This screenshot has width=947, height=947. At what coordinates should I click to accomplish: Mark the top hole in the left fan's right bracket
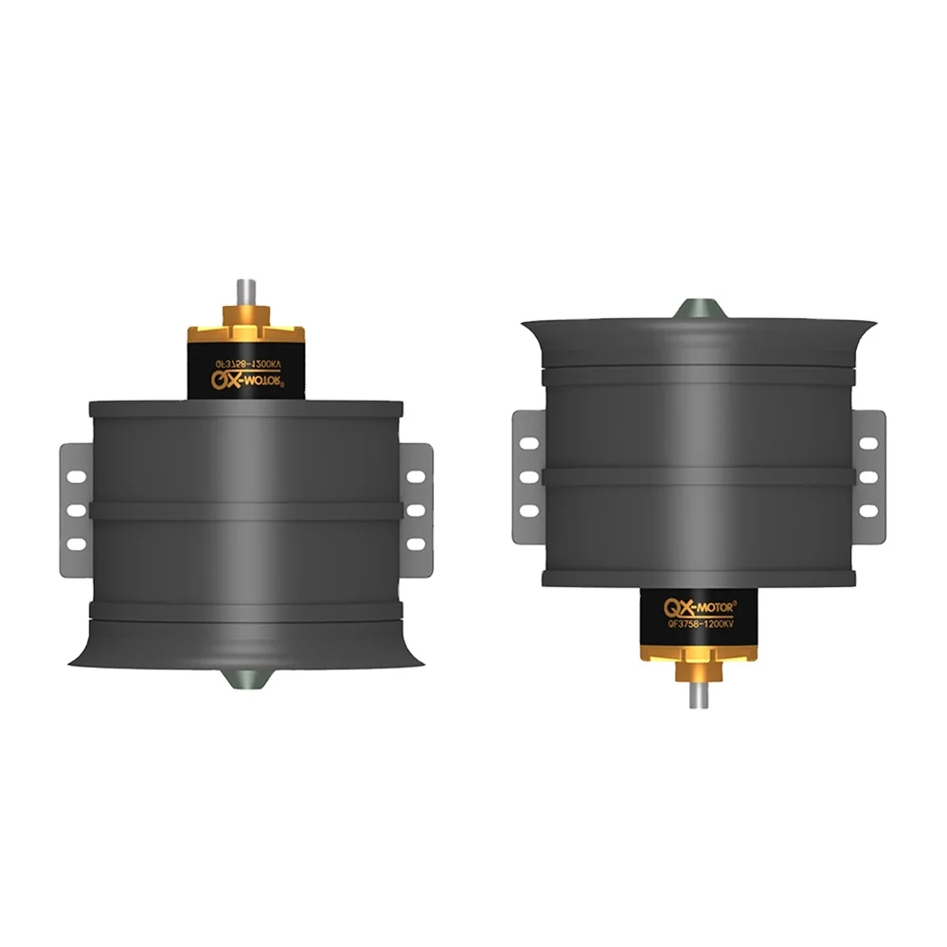click(x=413, y=476)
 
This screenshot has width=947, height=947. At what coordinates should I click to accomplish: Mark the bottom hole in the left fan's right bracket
click(x=413, y=544)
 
